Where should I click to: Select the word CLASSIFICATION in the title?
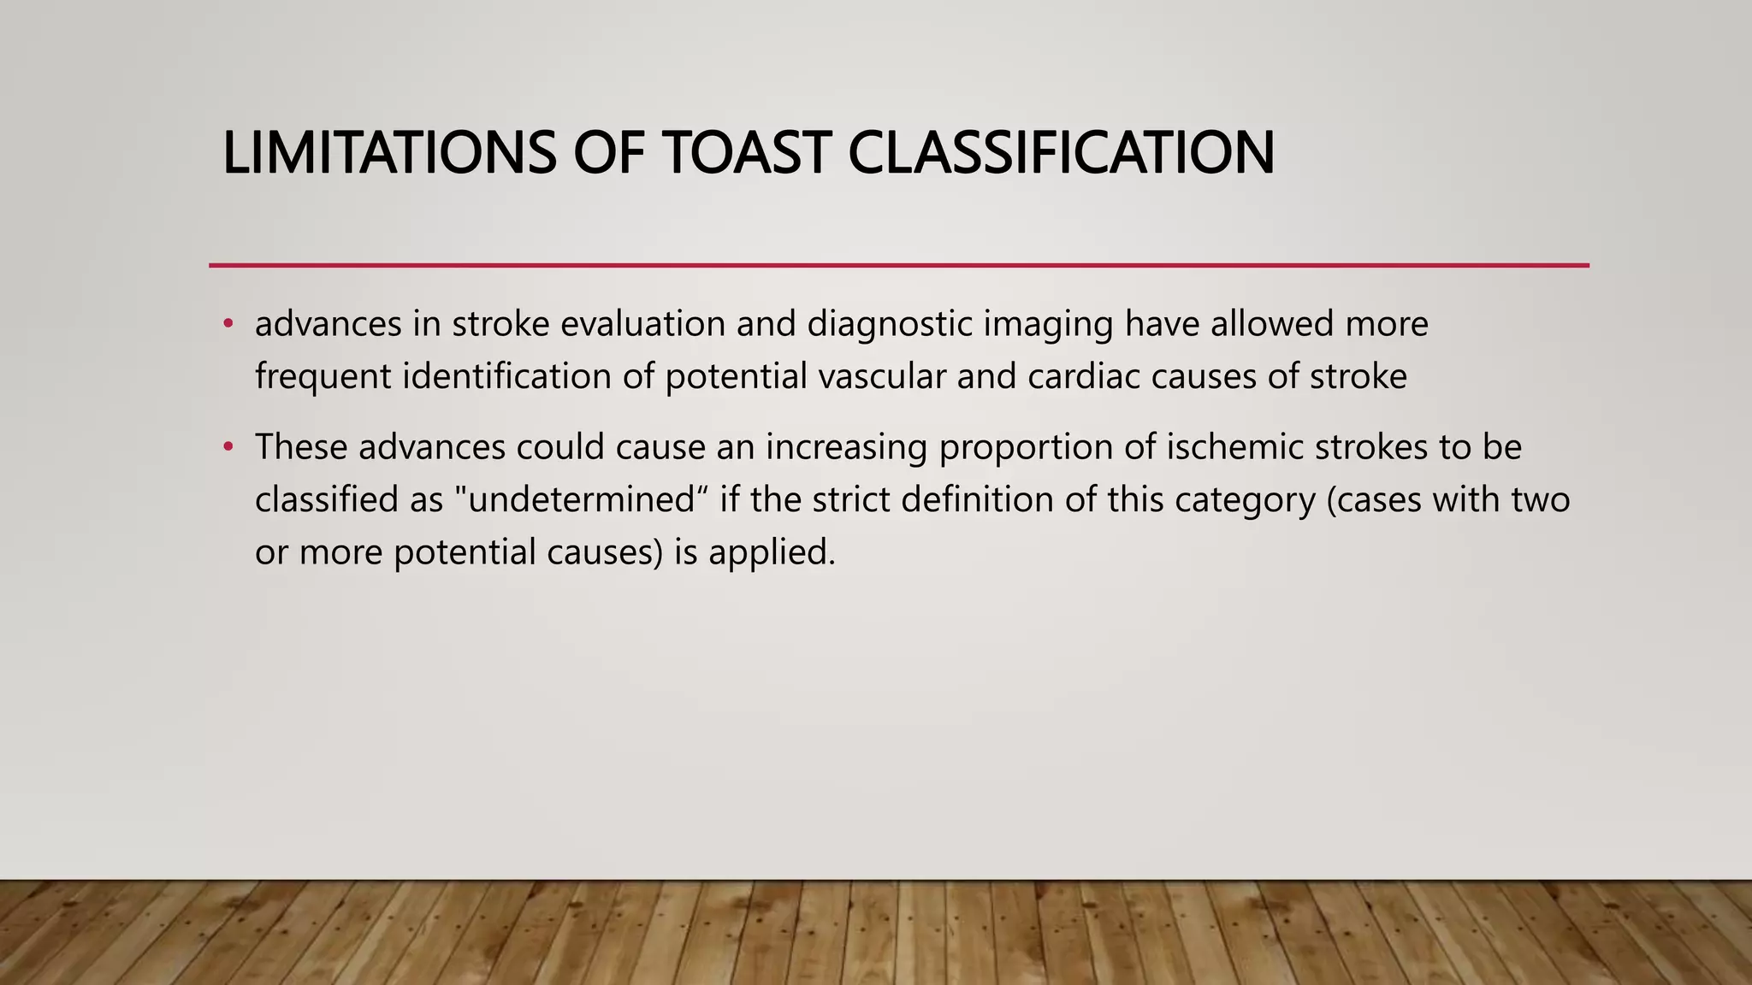(1061, 153)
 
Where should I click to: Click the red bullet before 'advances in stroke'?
(228, 324)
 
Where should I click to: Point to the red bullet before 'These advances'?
(228, 447)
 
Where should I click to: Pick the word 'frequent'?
(323, 377)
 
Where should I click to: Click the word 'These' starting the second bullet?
(301, 447)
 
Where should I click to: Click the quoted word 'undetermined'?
(582, 499)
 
